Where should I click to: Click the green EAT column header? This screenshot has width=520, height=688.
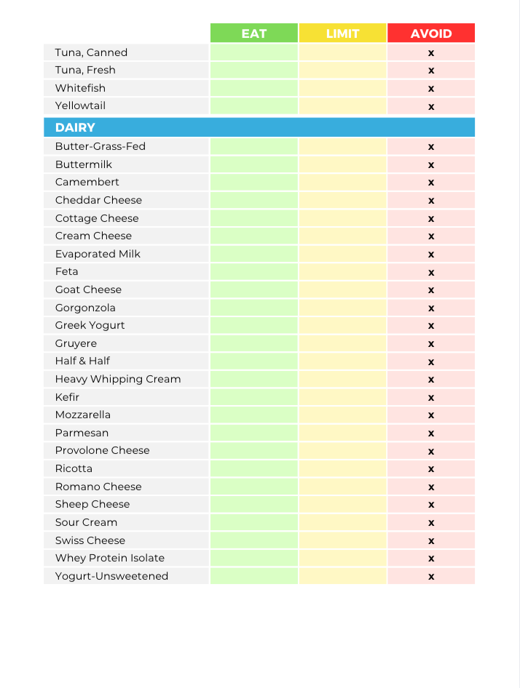[x=254, y=33]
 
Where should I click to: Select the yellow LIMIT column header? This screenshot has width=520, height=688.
[x=342, y=33]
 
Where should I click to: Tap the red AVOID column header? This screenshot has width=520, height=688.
[x=431, y=33]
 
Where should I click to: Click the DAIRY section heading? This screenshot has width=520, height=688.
[x=75, y=127]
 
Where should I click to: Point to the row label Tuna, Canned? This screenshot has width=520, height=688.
[x=91, y=52]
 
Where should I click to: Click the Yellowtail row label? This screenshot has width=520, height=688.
[x=80, y=105]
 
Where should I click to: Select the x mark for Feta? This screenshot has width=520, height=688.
[x=431, y=272]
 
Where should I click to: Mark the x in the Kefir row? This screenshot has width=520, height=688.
[x=431, y=398]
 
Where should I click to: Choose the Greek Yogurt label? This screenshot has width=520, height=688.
[x=90, y=325]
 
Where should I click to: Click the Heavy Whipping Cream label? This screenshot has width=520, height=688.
[x=118, y=379]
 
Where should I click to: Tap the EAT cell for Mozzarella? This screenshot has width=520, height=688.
[x=254, y=415]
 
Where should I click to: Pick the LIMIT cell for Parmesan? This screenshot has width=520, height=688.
[x=342, y=433]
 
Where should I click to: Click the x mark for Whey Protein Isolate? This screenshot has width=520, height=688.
[x=431, y=559]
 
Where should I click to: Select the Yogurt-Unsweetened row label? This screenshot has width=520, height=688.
[x=111, y=576]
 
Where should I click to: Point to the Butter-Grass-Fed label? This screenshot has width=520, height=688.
[x=101, y=146]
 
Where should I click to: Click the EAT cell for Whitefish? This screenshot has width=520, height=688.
[x=254, y=88]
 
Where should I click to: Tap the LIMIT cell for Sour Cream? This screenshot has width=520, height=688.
[x=342, y=522]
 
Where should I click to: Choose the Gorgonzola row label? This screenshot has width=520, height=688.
[x=85, y=308]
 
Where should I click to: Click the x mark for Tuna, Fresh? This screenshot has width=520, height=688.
[x=431, y=71]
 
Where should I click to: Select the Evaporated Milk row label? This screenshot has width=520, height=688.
[x=98, y=254]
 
